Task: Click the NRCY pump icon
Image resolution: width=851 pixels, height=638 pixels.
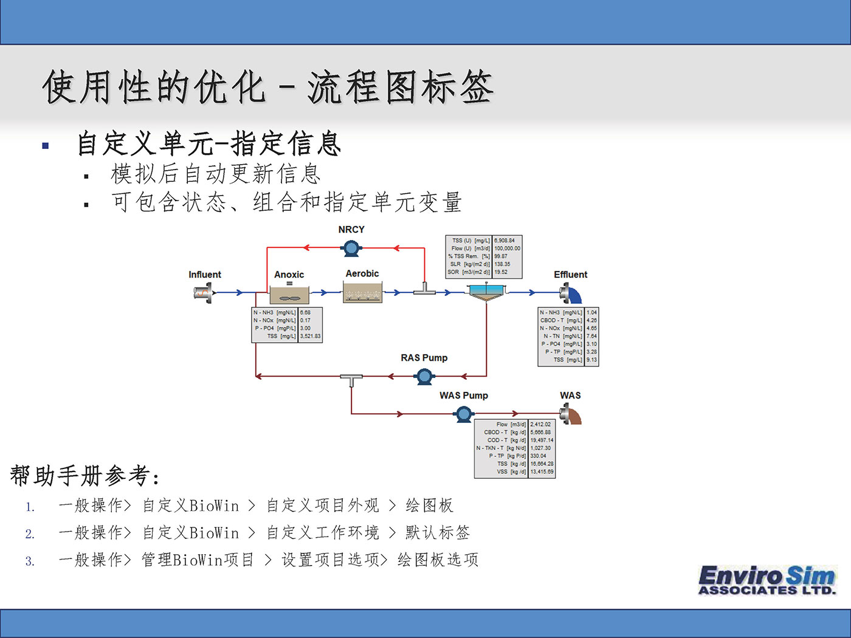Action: click(351, 247)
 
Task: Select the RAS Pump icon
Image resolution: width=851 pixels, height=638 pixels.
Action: click(424, 377)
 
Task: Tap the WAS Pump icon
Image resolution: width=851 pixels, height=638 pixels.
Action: click(464, 414)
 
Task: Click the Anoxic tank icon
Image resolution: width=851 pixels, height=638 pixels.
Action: click(289, 295)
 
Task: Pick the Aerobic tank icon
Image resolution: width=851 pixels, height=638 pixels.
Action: click(362, 293)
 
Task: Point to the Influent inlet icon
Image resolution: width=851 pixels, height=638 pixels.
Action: click(203, 293)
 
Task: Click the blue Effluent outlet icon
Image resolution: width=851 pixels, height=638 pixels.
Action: click(571, 293)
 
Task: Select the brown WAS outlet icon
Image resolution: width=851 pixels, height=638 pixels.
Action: click(571, 415)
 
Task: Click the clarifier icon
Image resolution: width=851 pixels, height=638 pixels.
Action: click(487, 292)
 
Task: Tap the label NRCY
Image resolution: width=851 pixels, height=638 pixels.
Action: click(351, 230)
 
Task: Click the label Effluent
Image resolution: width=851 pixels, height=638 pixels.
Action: click(570, 275)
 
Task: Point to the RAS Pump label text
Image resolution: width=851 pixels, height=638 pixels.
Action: click(424, 358)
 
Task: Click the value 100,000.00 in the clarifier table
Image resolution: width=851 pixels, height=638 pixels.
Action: click(507, 249)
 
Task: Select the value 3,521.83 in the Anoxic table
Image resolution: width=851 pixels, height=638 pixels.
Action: click(310, 336)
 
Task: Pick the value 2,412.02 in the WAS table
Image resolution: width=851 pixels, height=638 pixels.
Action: click(540, 425)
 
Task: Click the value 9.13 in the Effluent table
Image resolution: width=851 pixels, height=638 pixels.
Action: click(591, 360)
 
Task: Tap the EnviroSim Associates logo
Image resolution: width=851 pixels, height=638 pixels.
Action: click(767, 580)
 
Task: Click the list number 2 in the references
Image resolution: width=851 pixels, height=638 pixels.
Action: click(30, 534)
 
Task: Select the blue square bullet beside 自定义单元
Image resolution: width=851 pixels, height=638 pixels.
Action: click(46, 146)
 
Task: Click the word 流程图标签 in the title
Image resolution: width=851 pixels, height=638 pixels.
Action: click(400, 87)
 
